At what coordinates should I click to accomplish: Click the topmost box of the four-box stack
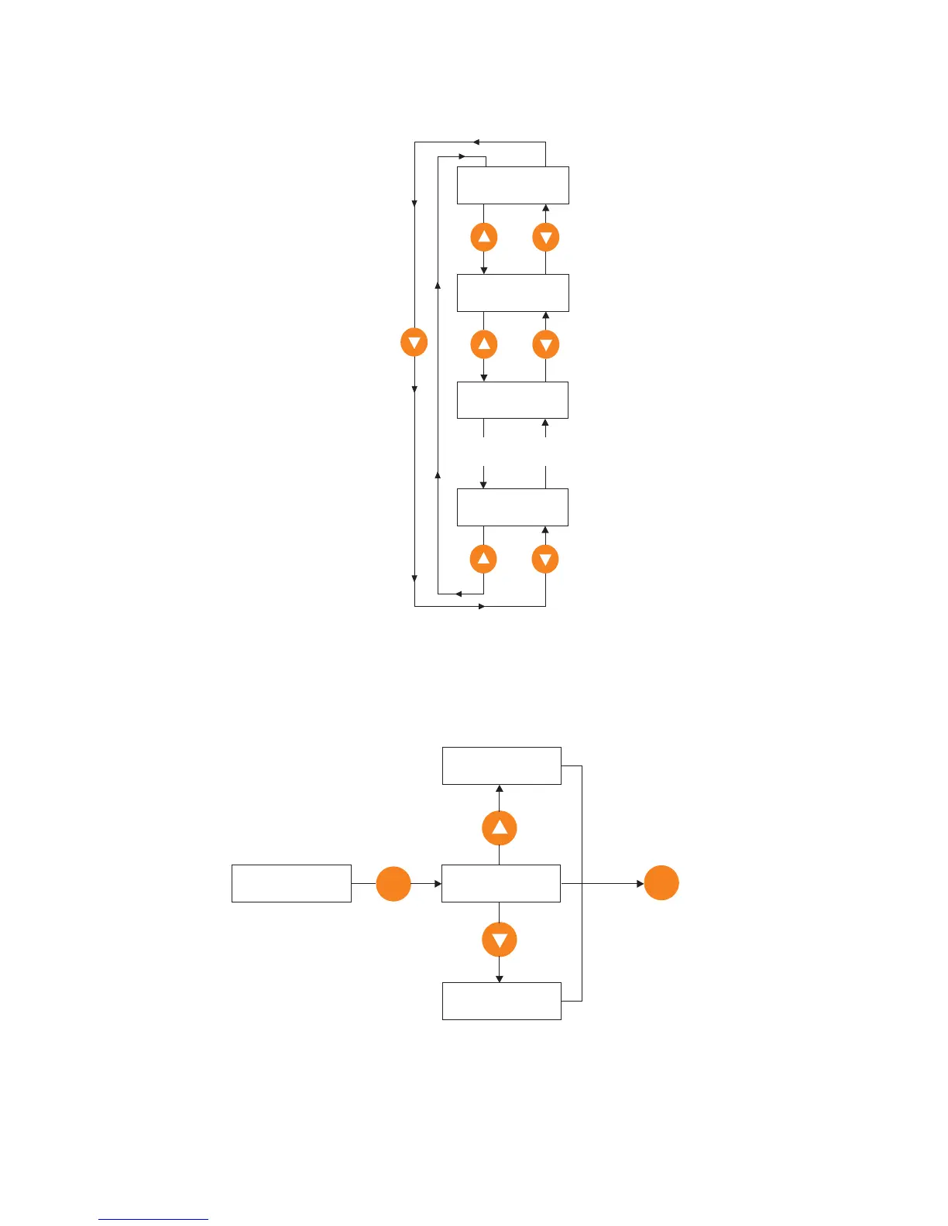tap(513, 185)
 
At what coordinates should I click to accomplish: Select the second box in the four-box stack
tap(513, 293)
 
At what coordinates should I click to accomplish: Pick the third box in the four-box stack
tap(513, 399)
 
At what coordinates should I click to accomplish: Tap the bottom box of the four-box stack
tap(513, 507)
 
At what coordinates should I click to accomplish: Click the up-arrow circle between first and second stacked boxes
tap(484, 237)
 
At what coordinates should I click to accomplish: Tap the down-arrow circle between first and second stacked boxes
tap(546, 237)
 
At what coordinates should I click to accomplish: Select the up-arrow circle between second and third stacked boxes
tap(484, 344)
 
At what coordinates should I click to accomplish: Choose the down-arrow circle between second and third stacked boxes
tap(546, 344)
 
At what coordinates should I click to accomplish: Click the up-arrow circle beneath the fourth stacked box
tap(483, 559)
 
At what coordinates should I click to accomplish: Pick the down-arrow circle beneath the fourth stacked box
tap(546, 559)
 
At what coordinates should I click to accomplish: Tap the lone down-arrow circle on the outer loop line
tap(414, 342)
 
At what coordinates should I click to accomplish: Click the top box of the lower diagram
tap(501, 765)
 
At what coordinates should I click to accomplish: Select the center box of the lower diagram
tap(500, 883)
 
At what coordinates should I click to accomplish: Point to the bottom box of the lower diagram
tap(501, 1001)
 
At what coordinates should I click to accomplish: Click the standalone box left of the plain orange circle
tap(291, 883)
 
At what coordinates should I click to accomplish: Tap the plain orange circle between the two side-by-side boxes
tap(393, 884)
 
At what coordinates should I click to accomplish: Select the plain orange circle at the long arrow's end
tap(661, 883)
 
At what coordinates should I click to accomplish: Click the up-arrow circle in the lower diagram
tap(500, 827)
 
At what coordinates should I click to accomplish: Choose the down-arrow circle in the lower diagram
tap(500, 940)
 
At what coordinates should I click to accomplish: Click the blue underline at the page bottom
tap(153, 1219)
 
